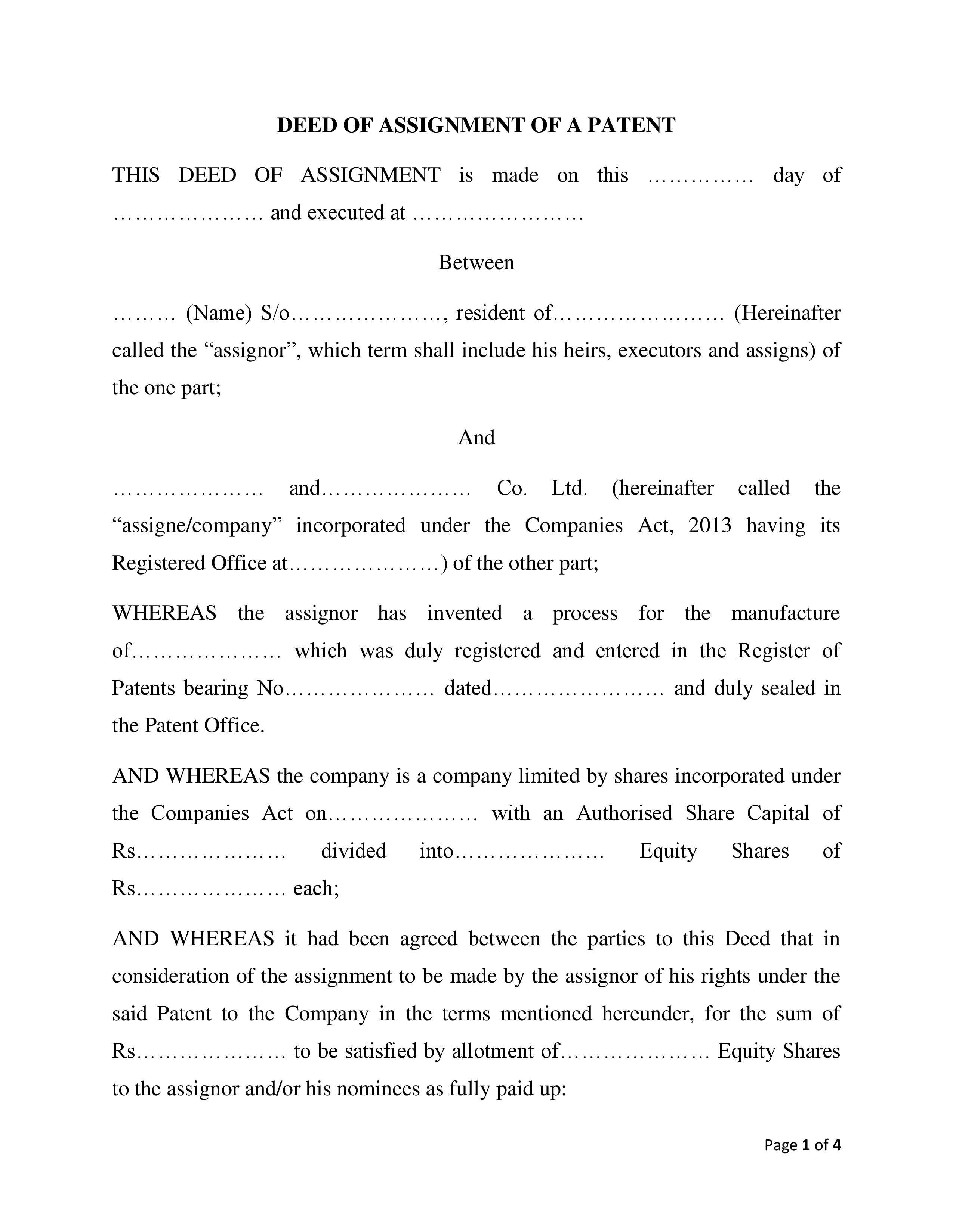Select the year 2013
point(710,525)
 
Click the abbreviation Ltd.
point(570,488)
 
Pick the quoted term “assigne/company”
point(197,525)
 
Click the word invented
point(464,613)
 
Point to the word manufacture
point(785,613)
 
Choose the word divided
point(354,851)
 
